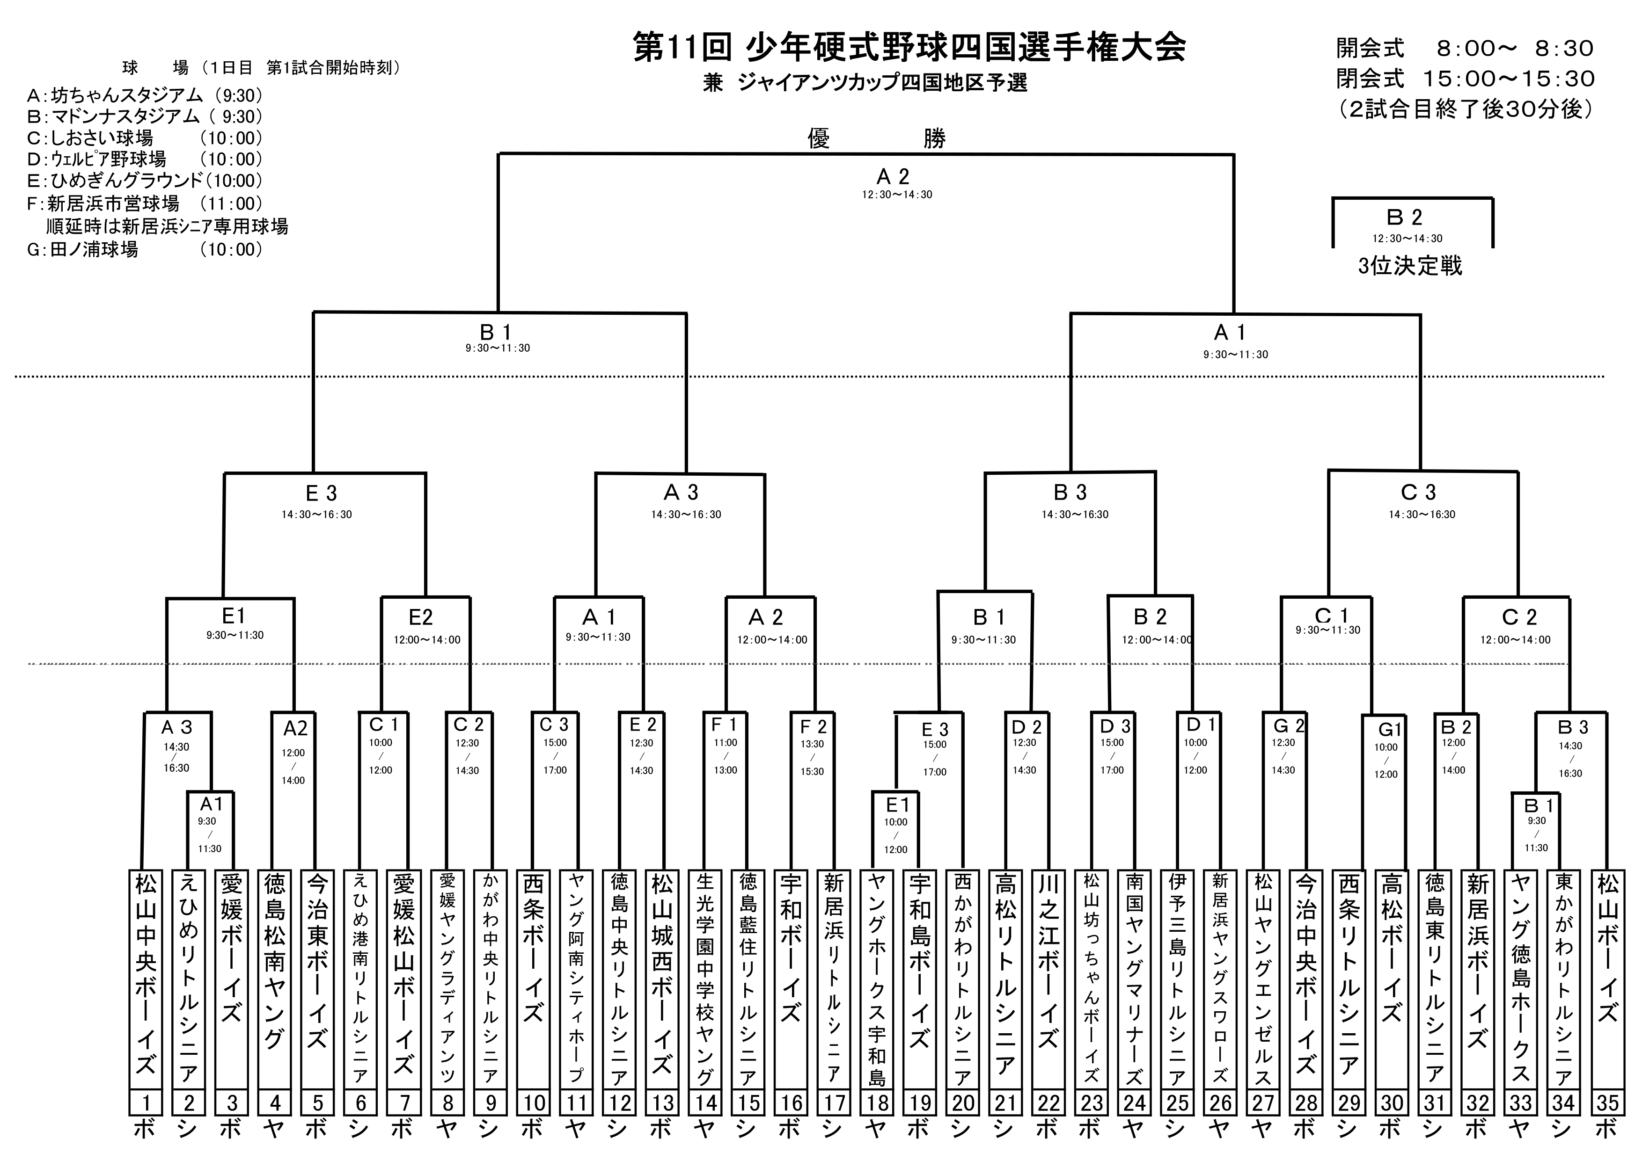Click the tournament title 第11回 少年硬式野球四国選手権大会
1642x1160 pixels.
tap(909, 47)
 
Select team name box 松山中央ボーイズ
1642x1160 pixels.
tap(145, 979)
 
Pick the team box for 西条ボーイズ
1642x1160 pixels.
tap(533, 979)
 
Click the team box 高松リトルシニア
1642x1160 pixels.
tap(1005, 979)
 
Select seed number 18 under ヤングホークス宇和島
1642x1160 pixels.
tap(877, 1103)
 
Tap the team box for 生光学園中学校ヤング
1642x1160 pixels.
tap(705, 979)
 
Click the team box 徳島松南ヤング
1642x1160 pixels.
tap(275, 979)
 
